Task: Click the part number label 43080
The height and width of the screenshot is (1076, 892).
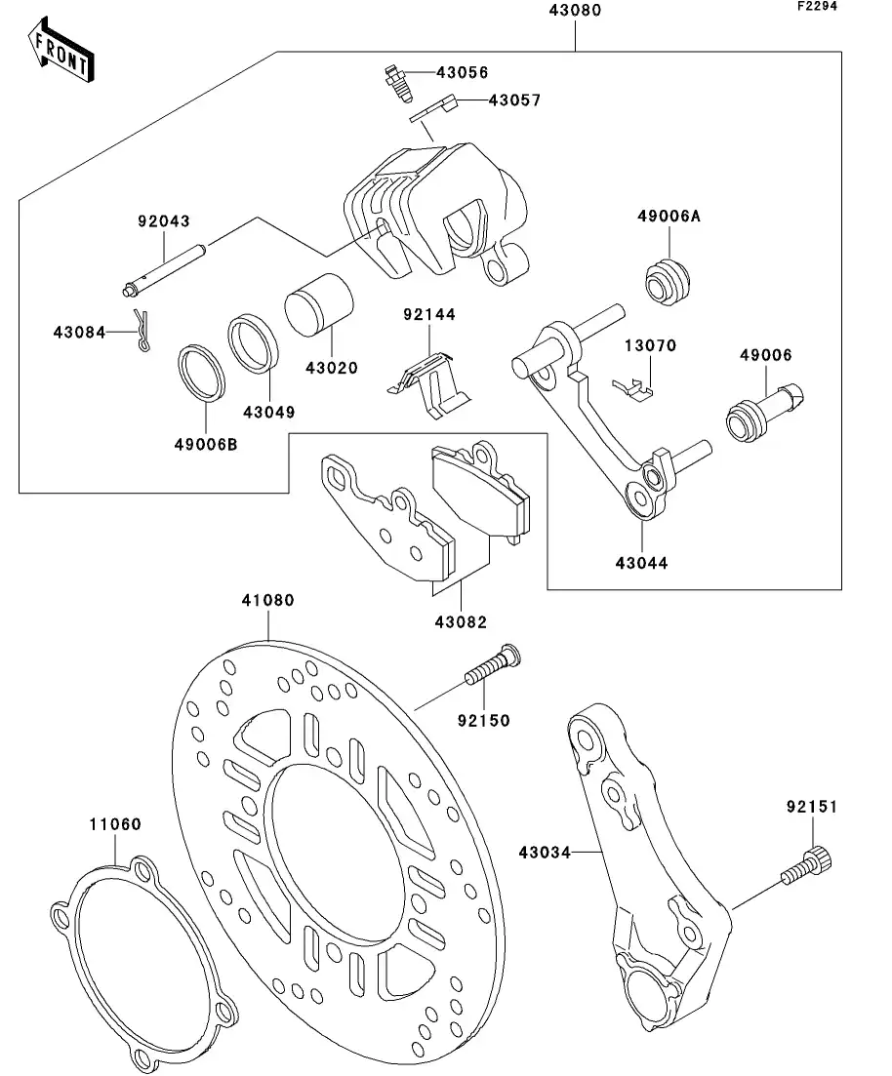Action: [574, 12]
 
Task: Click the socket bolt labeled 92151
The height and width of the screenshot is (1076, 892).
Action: [807, 868]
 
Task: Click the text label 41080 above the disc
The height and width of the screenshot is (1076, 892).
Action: [267, 601]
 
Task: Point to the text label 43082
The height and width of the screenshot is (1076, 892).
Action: [463, 622]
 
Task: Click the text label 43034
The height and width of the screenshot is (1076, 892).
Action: [544, 851]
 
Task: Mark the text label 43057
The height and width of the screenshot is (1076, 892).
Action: [513, 100]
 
